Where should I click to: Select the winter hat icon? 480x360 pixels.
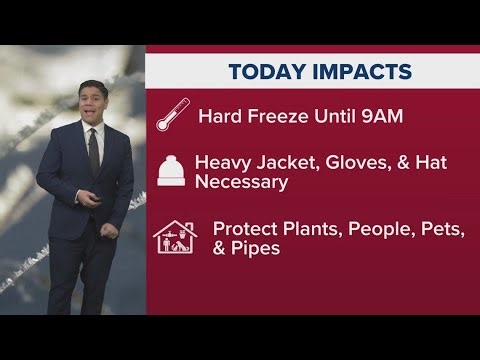(x=171, y=170)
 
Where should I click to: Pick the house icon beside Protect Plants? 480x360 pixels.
(x=175, y=237)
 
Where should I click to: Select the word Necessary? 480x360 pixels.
(x=241, y=183)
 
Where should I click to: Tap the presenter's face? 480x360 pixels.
(x=93, y=106)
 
